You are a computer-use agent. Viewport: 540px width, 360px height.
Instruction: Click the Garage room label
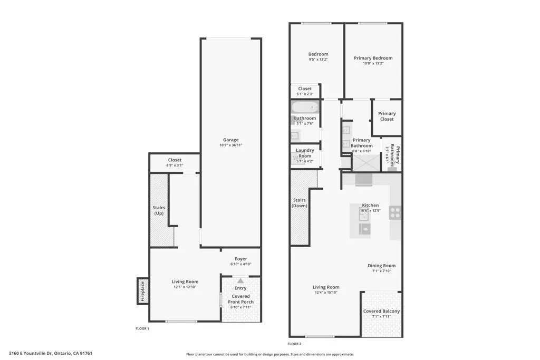pos(230,140)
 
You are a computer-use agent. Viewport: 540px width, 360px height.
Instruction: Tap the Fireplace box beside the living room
pos(142,291)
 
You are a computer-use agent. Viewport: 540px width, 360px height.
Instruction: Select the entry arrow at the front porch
pos(240,281)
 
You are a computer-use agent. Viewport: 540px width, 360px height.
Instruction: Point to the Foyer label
pos(240,259)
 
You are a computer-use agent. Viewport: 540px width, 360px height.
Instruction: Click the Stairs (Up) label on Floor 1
pos(159,210)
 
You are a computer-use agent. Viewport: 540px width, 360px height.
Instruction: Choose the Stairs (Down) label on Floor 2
pos(300,202)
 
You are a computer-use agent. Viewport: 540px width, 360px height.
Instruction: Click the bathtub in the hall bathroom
pos(305,108)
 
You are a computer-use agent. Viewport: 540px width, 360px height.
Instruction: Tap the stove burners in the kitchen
pos(396,212)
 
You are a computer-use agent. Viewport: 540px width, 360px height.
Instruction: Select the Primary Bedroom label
pos(373,58)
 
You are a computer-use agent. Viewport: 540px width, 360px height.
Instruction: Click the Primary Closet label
pos(387,116)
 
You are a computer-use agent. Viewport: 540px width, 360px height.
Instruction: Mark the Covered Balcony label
pos(381,312)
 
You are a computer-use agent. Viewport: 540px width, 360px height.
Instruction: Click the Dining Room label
pos(381,266)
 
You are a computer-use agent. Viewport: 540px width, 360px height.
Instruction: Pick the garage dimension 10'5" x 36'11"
pos(230,145)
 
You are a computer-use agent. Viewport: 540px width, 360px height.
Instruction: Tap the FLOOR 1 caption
pos(142,328)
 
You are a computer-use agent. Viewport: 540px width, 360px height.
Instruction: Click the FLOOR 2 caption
pos(294,344)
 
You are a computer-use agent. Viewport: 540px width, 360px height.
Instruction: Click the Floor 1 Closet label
pos(175,160)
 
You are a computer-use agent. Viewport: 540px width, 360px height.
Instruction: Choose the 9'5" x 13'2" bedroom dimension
pos(318,60)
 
